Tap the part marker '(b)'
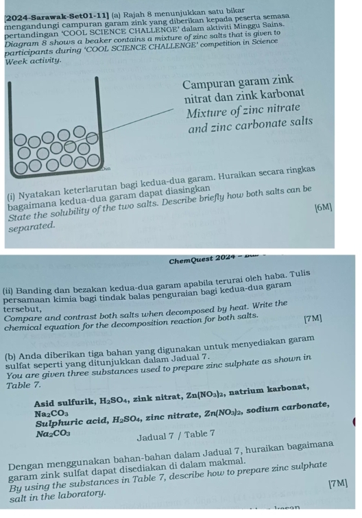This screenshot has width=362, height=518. tap(12, 340)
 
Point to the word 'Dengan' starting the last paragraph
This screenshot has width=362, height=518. tap(24, 452)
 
